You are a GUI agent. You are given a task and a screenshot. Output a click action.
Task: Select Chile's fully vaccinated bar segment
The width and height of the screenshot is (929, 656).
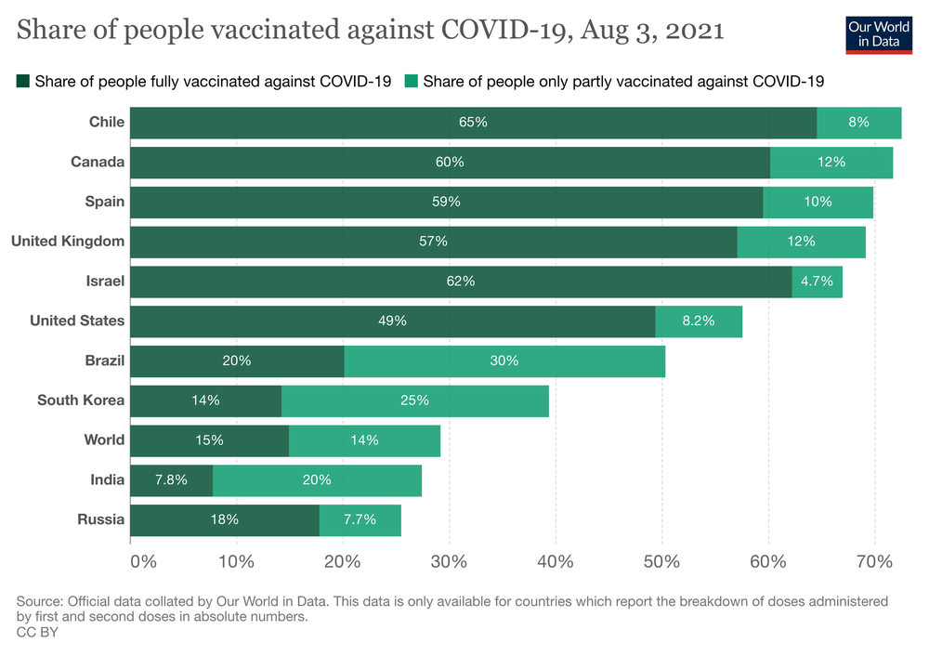point(473,123)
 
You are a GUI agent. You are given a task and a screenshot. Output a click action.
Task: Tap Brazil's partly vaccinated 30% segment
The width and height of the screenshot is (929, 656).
point(504,361)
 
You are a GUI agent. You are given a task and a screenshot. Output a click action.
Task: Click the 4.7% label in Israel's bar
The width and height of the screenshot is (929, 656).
point(817,282)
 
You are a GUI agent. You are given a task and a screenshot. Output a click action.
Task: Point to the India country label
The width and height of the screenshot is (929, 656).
point(107,480)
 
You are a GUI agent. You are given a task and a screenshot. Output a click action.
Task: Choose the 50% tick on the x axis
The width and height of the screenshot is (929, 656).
point(662,562)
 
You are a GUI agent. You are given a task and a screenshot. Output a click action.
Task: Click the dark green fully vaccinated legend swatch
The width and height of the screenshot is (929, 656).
point(23,82)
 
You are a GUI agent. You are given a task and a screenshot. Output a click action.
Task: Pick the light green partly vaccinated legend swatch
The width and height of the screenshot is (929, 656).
point(412,82)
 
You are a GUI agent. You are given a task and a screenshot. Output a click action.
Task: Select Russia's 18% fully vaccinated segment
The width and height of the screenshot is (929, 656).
point(225,520)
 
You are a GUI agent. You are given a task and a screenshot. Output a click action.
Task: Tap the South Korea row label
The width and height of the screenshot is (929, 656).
point(81,400)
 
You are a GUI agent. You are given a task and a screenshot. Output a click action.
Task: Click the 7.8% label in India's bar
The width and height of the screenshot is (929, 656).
point(171,480)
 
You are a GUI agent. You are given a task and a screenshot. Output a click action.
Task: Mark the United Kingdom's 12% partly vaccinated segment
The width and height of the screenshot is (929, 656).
point(801,242)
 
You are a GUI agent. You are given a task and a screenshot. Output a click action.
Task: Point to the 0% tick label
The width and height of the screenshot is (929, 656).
point(143,562)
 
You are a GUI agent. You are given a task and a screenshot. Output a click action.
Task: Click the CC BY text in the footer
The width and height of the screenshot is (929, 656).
point(36,632)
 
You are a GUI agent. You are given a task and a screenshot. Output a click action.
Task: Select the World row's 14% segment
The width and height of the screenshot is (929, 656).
point(364,440)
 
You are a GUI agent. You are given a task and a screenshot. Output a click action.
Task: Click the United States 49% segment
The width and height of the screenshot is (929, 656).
point(392,321)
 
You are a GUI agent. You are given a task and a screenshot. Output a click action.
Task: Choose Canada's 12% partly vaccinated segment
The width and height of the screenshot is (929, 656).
point(831,163)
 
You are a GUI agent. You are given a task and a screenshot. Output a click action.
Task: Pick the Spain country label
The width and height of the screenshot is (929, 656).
point(105,202)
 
